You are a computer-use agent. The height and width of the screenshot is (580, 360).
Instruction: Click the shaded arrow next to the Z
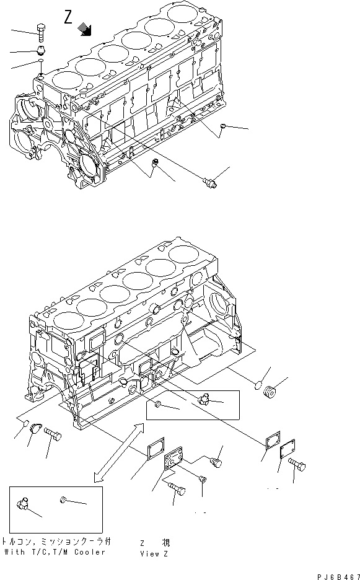(x=85, y=29)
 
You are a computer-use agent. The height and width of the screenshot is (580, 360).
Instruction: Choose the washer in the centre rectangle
(x=159, y=405)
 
